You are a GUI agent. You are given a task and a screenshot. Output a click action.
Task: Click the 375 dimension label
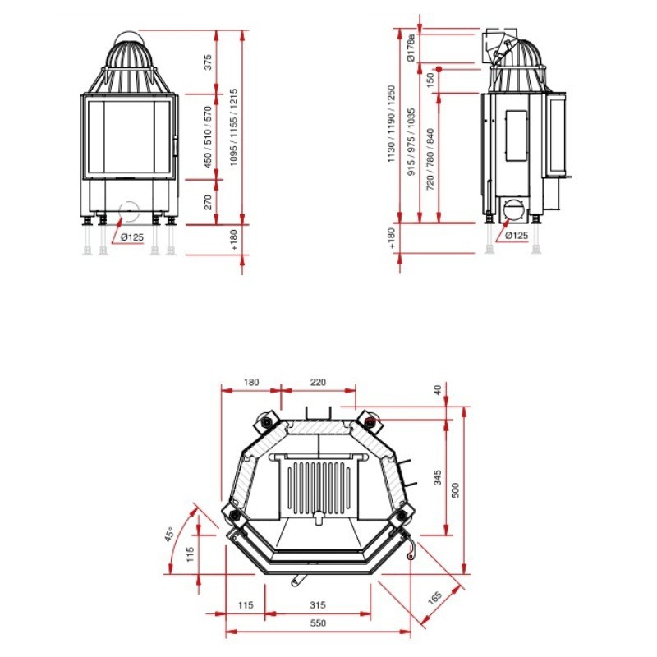coord(208,62)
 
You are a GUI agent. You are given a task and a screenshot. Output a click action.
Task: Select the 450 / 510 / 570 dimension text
coord(208,137)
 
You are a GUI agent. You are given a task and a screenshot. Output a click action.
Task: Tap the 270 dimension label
coord(208,202)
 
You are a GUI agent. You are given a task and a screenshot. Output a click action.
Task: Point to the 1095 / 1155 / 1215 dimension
coord(234,127)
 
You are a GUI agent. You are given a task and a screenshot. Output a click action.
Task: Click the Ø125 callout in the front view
coord(132,237)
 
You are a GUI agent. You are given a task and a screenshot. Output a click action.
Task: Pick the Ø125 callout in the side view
coord(517,236)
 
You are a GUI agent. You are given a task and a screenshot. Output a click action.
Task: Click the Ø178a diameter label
coord(411,48)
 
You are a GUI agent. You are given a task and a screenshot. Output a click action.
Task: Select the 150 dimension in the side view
coord(430,80)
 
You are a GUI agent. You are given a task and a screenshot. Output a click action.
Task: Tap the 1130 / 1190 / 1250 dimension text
coord(392,124)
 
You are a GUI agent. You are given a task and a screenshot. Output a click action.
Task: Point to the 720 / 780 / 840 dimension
coord(430,159)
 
